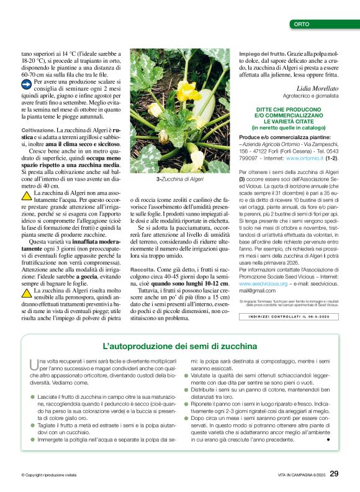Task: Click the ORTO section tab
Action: (302, 24)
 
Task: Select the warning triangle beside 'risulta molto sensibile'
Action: (27, 292)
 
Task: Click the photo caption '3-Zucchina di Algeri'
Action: (180, 178)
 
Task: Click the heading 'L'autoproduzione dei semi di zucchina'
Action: (179, 345)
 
